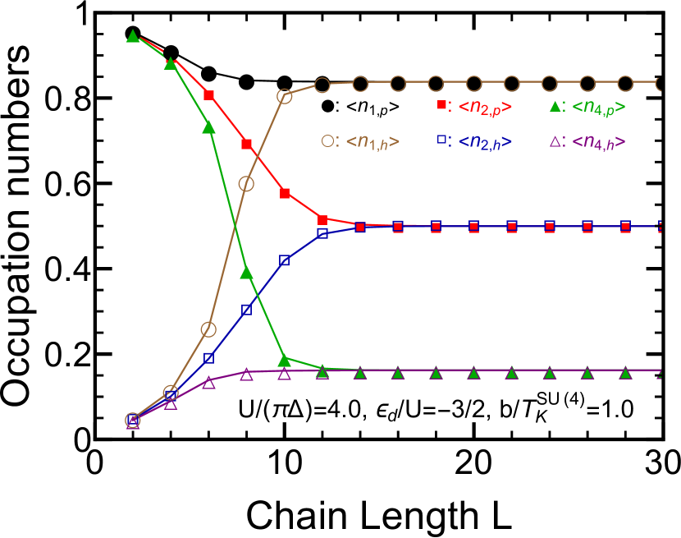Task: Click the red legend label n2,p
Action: point(485,107)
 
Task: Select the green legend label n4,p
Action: point(598,107)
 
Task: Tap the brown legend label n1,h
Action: point(372,141)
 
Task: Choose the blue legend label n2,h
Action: point(485,141)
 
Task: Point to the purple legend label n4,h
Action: point(598,141)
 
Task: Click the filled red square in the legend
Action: point(441,105)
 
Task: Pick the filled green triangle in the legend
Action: point(555,106)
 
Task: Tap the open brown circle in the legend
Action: point(327,140)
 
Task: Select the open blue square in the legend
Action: point(441,140)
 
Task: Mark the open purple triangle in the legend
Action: point(555,141)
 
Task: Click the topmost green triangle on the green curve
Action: point(133,36)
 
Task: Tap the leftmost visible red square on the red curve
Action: point(208,95)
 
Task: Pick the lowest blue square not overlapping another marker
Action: point(208,358)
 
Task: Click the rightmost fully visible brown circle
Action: point(625,83)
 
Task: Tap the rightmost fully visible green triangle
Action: point(625,373)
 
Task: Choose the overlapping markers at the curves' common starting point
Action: point(133,421)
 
